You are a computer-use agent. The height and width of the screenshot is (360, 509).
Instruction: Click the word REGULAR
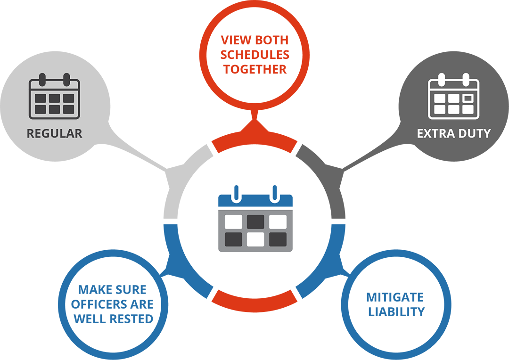coord(55,133)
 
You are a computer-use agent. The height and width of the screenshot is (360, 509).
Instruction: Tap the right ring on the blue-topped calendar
coord(273,194)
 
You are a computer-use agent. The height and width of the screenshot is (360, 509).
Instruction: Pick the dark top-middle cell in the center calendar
coord(255,221)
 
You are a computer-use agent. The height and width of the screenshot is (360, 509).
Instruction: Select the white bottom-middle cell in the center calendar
coord(255,239)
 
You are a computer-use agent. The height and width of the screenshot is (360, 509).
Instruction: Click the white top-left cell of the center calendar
coord(233,221)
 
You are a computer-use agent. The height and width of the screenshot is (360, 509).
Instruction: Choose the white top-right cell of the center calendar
coord(278,221)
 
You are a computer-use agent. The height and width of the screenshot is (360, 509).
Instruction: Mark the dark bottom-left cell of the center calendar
coord(233,239)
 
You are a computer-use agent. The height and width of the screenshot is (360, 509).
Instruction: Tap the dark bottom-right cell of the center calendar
coord(278,239)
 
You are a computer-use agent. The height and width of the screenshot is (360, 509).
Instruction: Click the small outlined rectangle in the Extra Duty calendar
coord(468,98)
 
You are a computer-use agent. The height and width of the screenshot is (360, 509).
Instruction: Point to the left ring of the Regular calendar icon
coord(42,79)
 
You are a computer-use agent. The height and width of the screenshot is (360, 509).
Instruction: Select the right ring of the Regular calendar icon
coord(66,79)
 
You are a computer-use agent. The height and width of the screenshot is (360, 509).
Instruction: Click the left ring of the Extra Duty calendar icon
coord(442,79)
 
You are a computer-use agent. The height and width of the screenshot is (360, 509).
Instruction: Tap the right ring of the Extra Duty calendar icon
coord(466,79)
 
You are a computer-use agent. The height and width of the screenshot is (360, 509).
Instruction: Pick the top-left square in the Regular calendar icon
coord(41,98)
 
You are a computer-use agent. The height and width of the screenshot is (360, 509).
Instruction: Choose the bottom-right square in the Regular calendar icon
coord(69,109)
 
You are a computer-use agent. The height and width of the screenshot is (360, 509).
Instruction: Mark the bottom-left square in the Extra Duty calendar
coord(440,109)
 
